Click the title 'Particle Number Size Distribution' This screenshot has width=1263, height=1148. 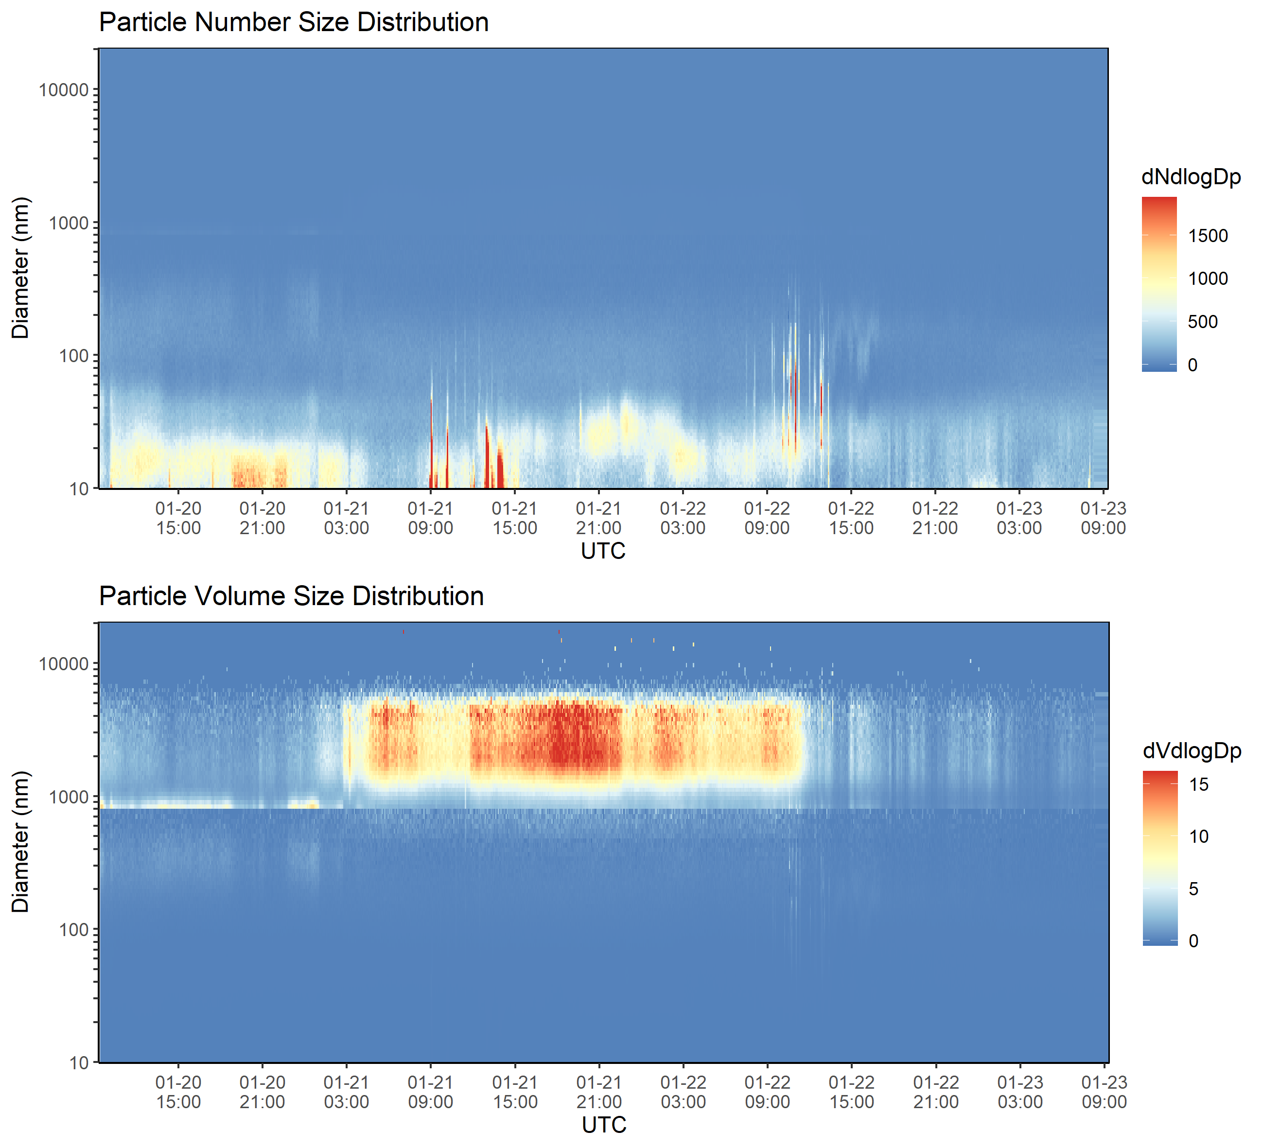pos(293,22)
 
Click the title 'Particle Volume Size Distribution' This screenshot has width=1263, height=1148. pos(291,596)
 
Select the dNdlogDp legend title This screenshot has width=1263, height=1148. pos(1191,177)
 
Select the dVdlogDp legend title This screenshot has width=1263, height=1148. pos(1192,751)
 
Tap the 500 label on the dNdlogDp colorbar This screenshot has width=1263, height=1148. pos(1202,322)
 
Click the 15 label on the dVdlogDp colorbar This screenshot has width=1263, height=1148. pos(1198,785)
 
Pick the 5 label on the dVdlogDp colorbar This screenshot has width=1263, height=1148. pos(1193,889)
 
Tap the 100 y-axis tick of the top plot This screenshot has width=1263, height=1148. pos(74,356)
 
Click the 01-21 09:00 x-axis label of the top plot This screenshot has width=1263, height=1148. pos(430,518)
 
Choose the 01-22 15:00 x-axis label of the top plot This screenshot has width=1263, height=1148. pos(851,518)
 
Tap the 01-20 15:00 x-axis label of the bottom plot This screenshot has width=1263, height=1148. pos(178,1092)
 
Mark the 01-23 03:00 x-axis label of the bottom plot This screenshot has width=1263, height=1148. pos(1020,1092)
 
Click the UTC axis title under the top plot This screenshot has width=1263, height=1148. pos(603,551)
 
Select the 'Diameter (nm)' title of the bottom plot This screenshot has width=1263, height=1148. pos(21,842)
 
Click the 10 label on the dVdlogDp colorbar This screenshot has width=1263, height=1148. pos(1198,837)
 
